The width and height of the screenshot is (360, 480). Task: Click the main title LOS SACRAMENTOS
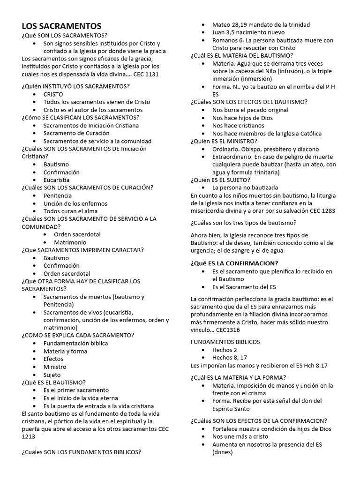click(x=61, y=26)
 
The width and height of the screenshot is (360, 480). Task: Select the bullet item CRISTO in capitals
click(x=53, y=94)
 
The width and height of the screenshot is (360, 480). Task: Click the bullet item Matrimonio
click(x=70, y=242)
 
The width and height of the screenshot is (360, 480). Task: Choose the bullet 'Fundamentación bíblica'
click(x=75, y=343)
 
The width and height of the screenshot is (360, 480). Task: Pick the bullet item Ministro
click(x=55, y=367)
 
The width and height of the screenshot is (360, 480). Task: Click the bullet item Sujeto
click(x=52, y=375)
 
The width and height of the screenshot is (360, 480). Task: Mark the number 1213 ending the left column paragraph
click(x=29, y=436)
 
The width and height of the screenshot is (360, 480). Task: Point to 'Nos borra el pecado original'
click(x=250, y=110)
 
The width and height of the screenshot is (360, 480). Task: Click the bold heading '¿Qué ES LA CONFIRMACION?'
click(x=234, y=262)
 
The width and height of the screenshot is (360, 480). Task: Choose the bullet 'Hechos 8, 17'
click(x=230, y=357)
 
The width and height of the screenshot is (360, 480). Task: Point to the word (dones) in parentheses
click(x=222, y=452)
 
